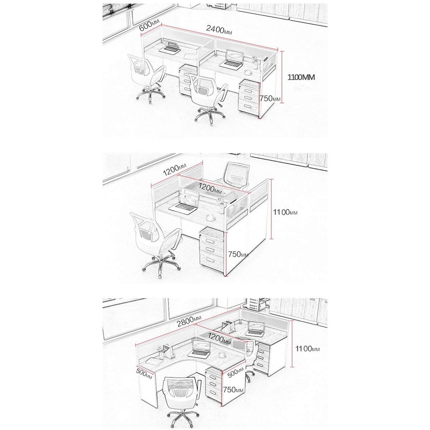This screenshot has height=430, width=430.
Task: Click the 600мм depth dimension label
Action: (x=149, y=25)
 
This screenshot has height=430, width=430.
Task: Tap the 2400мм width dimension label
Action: (x=219, y=30)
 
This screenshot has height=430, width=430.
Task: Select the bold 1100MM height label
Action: (x=301, y=77)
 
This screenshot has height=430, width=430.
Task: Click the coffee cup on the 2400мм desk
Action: (x=247, y=72)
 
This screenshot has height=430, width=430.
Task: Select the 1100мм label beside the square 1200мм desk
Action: (x=285, y=212)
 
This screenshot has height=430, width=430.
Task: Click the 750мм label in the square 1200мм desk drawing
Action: (x=238, y=254)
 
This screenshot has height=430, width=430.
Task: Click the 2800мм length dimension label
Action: (x=189, y=321)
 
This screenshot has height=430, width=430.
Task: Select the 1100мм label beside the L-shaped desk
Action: (x=307, y=355)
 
